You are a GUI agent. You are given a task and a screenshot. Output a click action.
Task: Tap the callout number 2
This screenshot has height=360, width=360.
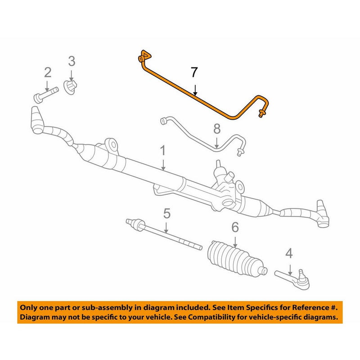pyautogui.click(x=47, y=72)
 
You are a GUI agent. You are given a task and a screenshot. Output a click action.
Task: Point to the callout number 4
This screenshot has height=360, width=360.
pyautogui.click(x=289, y=254)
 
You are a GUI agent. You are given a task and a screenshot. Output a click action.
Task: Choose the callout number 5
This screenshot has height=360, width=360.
pyautogui.click(x=167, y=213)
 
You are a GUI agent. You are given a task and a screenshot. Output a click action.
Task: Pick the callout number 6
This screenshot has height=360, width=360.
pyautogui.click(x=234, y=228)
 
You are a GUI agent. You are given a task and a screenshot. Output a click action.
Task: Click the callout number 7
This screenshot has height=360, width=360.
pyautogui.click(x=194, y=72)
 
